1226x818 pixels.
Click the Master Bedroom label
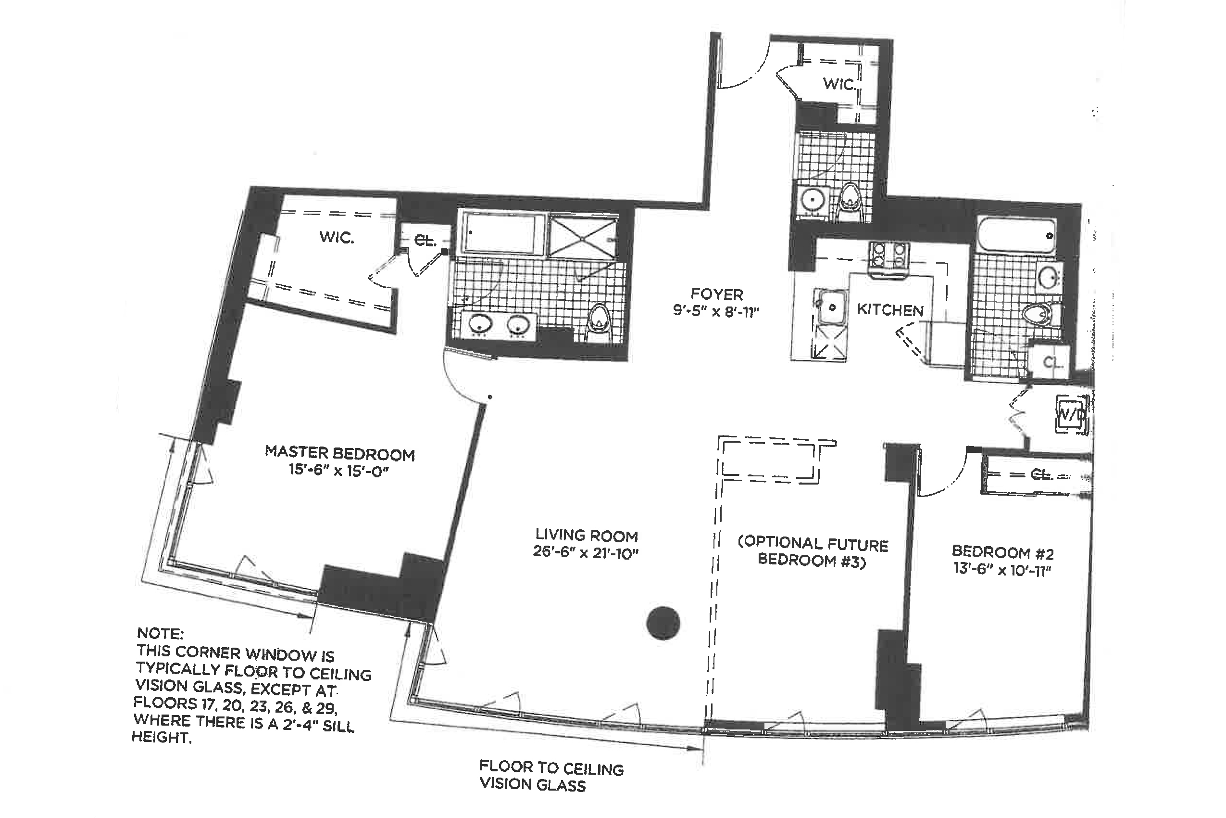click(339, 453)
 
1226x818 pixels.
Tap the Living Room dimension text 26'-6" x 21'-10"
click(586, 552)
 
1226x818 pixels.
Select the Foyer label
click(717, 294)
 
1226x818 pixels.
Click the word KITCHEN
click(890, 310)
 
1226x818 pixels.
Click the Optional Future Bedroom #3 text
click(812, 551)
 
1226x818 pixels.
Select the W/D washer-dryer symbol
click(1072, 414)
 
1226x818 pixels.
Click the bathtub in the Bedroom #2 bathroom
click(1016, 236)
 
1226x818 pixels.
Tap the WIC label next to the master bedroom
click(337, 237)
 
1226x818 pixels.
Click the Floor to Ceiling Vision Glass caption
click(551, 776)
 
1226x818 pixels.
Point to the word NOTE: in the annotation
click(160, 634)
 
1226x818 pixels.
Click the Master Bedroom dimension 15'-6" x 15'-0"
click(339, 471)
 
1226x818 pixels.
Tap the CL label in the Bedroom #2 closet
click(1042, 474)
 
